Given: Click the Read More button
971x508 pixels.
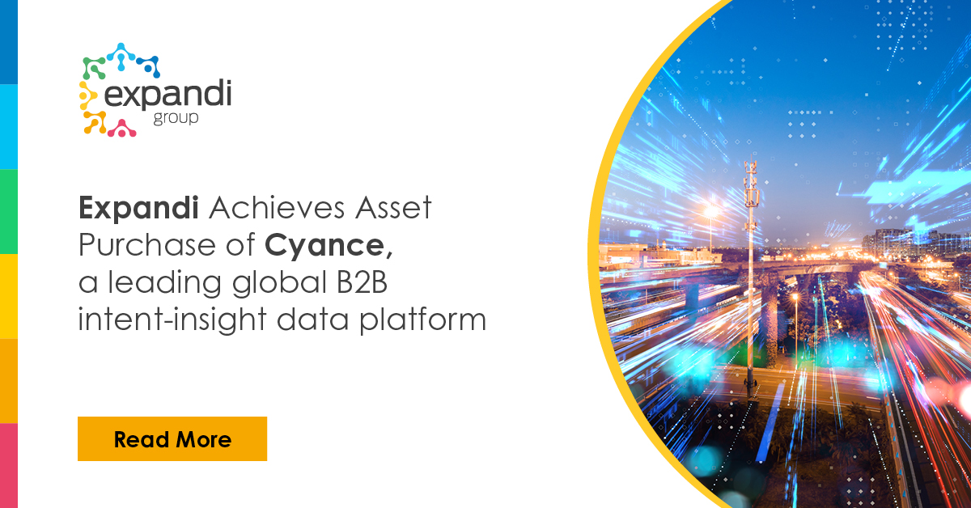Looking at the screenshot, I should pyautogui.click(x=172, y=439).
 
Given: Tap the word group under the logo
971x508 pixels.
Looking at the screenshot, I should pyautogui.click(x=176, y=119).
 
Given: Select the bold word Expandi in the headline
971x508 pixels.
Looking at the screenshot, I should pyautogui.click(x=139, y=209).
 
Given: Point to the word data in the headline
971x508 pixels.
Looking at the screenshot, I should pyautogui.click(x=343, y=320).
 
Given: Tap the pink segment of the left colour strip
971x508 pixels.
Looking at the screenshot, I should pyautogui.click(x=8, y=465).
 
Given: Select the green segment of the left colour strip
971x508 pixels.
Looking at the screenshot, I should pyautogui.click(x=8, y=211).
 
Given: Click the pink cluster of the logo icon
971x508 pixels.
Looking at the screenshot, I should pyautogui.click(x=122, y=127).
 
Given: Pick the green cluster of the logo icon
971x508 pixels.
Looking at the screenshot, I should pyautogui.click(x=94, y=67).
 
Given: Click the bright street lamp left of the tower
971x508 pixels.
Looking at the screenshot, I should pyautogui.click(x=712, y=211).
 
